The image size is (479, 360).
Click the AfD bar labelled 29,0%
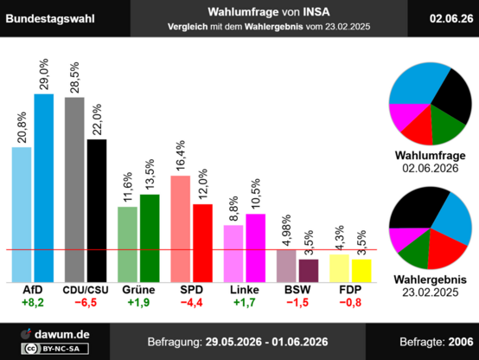point(44,188)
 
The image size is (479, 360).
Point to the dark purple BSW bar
point(309,271)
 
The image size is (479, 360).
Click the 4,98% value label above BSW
point(286,230)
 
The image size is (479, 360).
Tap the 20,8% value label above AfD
point(22,127)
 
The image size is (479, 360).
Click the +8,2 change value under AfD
point(33,303)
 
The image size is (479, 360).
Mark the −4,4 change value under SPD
point(192,303)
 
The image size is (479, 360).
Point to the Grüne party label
point(138,289)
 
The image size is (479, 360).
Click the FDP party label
point(350,289)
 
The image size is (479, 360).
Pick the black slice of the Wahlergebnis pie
point(416,208)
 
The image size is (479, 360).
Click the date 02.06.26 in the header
point(451,19)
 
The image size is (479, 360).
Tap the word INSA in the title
point(316,12)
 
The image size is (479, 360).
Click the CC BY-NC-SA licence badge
point(55,349)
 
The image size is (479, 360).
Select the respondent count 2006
point(461,342)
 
